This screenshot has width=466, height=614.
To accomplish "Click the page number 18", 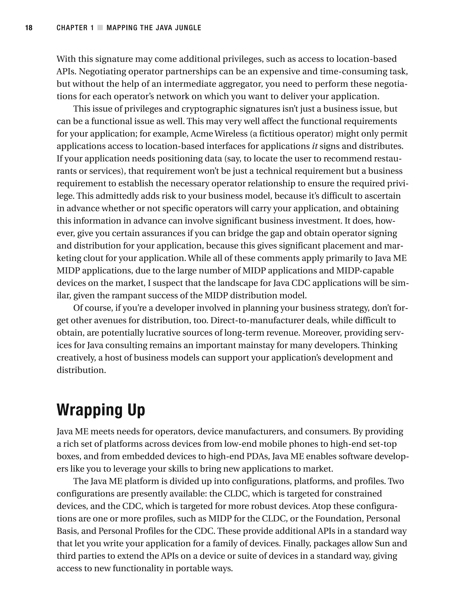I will pyautogui.click(x=29, y=28).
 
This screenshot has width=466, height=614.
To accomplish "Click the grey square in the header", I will pyautogui.click(x=100, y=28).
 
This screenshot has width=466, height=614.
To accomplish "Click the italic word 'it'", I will pyautogui.click(x=315, y=146).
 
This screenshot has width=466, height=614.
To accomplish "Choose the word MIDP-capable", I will pyautogui.click(x=365, y=270).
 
